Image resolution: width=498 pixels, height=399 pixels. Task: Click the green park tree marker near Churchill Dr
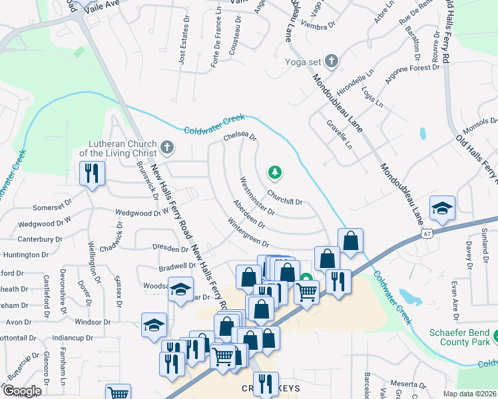274,174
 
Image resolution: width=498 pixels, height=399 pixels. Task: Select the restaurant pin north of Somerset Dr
91,174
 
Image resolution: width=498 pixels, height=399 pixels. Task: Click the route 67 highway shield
427,234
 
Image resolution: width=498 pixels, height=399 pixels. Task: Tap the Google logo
21,390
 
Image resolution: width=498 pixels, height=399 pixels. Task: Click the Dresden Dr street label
170,249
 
